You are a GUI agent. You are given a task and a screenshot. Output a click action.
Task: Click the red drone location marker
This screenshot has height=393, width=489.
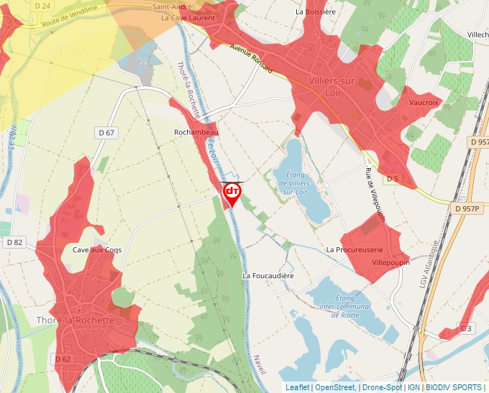[x=232, y=193]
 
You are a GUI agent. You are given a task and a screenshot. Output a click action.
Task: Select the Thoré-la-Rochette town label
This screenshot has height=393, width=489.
[x=75, y=320]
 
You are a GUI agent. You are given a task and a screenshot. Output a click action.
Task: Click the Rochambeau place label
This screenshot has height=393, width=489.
[x=196, y=133]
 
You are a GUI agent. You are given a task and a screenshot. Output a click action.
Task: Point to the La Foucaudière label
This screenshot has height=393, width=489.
[x=268, y=275]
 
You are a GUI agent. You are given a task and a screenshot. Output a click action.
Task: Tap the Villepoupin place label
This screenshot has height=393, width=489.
[x=390, y=263]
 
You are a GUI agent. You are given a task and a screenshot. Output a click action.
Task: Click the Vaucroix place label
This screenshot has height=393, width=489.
[x=424, y=103]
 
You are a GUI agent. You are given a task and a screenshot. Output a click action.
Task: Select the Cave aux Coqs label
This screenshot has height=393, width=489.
[x=97, y=250]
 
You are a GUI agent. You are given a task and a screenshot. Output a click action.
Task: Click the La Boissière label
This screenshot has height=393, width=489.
[x=316, y=12]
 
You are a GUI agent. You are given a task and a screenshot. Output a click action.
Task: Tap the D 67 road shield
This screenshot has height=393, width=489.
[x=105, y=133]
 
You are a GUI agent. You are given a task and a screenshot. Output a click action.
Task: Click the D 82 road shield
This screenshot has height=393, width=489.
[x=14, y=242]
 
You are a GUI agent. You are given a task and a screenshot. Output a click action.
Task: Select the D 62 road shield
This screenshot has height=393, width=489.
[x=63, y=359]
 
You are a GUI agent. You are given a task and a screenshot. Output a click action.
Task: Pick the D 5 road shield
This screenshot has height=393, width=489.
[x=392, y=178]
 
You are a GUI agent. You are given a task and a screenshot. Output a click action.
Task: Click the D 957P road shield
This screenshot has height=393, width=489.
[x=467, y=208]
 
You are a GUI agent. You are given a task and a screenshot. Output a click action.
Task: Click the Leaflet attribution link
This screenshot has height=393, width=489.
[x=298, y=387]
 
